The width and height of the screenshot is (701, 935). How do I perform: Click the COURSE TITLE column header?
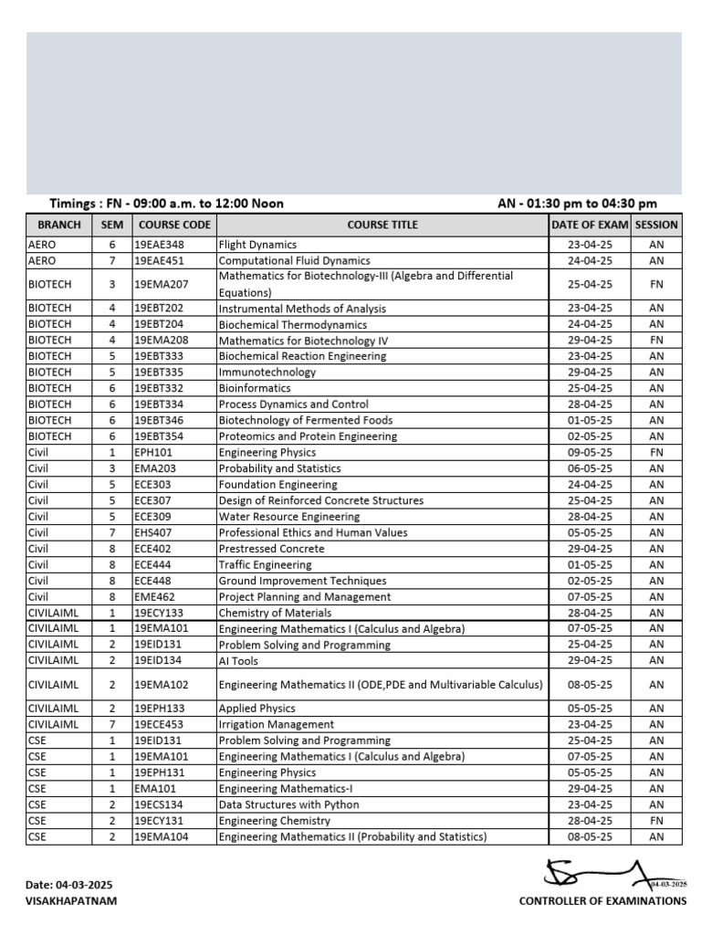tap(382, 225)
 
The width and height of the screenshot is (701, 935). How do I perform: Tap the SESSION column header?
tap(656, 225)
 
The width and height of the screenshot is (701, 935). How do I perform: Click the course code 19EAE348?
tap(159, 245)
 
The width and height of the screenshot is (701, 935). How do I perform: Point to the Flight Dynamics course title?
tap(257, 245)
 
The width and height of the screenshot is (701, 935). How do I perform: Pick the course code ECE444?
tap(152, 565)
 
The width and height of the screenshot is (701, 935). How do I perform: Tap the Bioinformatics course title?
tap(255, 388)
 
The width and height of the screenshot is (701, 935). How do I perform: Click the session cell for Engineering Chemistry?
tap(656, 821)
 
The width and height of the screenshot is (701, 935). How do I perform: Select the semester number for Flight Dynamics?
tap(112, 245)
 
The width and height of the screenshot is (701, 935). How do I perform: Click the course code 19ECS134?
tap(159, 804)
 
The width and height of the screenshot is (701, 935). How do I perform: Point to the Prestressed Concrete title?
tap(271, 549)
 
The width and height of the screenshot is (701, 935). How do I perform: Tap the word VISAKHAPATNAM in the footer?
tap(71, 900)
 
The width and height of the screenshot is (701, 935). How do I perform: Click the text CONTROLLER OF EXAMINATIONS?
tap(602, 900)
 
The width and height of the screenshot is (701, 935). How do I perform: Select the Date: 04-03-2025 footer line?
tap(70, 885)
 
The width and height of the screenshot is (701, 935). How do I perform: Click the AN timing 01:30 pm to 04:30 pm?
tap(577, 204)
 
